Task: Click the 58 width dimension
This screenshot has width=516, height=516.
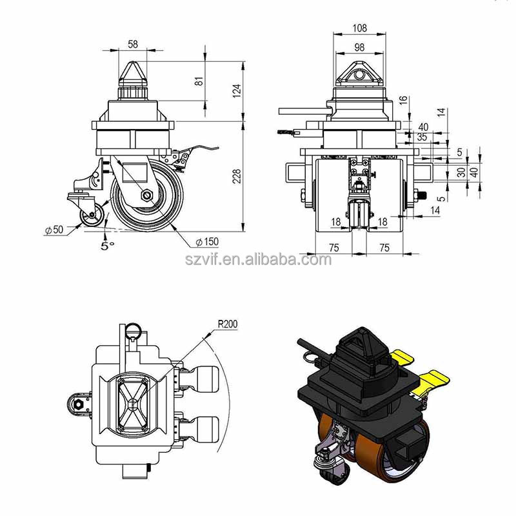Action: point(133,44)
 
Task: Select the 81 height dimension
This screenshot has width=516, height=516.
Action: point(199,81)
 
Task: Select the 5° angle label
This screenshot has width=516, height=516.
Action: point(107,245)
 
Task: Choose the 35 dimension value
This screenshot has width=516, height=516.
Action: point(422,137)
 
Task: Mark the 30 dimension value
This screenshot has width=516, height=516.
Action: point(461,173)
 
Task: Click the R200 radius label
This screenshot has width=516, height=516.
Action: point(226,324)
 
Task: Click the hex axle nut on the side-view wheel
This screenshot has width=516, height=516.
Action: point(147,195)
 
